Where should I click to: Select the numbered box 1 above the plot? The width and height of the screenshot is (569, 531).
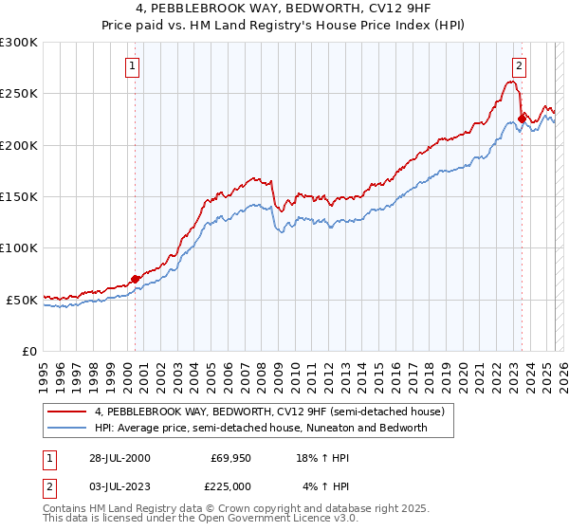click(x=131, y=66)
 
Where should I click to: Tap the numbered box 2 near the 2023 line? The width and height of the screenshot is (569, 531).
click(x=520, y=66)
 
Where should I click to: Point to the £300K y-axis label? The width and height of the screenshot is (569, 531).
click(x=18, y=43)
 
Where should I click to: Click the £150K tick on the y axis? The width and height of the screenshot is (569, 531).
click(x=18, y=196)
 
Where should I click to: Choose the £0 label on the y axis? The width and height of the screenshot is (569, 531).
click(x=28, y=351)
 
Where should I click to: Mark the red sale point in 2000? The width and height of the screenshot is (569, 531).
click(x=136, y=279)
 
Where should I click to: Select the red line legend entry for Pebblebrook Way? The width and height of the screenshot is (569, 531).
click(x=275, y=412)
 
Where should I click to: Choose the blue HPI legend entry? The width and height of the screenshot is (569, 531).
click(x=261, y=428)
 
